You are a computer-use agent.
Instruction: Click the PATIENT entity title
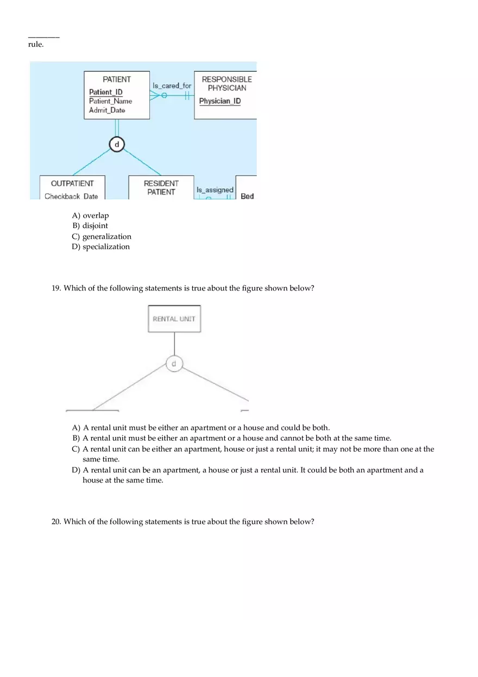pos(117,79)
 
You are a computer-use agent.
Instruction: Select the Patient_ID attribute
pos(106,92)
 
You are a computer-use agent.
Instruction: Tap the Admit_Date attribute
pos(107,110)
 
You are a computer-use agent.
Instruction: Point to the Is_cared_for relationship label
pos(172,86)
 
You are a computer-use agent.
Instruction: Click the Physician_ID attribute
pos(220,101)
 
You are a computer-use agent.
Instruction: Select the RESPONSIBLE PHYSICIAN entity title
pos(227,84)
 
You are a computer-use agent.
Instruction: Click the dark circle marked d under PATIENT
pos(116,144)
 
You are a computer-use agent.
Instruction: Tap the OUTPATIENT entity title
pos(72,184)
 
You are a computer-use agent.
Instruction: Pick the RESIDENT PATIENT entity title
pos(161,188)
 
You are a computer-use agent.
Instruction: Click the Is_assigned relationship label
pos(215,190)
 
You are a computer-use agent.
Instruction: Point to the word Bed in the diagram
pos(247,196)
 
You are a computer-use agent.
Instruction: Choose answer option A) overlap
pos(91,216)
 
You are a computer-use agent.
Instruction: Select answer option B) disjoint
pos(90,226)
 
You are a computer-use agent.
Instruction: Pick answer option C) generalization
pos(102,237)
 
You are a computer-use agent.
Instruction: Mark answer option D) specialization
pos(101,247)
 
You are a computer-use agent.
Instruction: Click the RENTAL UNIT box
pos(174,319)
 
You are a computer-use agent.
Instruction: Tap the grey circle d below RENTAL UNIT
pos(174,364)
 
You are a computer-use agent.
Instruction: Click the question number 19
pos(56,288)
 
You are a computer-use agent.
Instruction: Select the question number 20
pos(56,522)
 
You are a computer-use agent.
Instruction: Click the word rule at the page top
pos(36,45)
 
